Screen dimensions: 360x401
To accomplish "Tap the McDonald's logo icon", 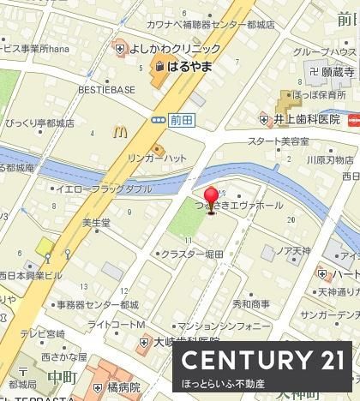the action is (119, 134).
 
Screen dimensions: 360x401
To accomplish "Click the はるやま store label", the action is (190, 65).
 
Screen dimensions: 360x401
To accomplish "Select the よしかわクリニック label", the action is (176, 49).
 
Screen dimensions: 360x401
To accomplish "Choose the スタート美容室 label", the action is (278, 141).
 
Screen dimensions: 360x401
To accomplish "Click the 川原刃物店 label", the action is (330, 159).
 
